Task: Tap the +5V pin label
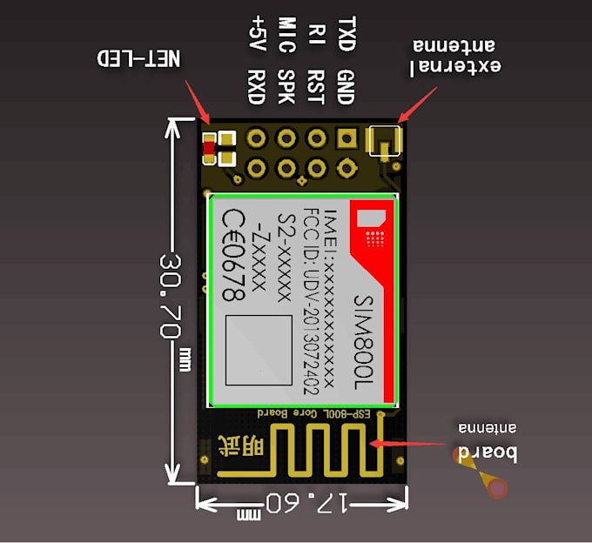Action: coord(258,33)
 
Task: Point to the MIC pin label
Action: coord(286,33)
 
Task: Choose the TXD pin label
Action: coord(346,33)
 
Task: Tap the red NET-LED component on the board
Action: coord(208,151)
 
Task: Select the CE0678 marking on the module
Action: coord(232,256)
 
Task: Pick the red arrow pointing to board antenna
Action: coord(409,443)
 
